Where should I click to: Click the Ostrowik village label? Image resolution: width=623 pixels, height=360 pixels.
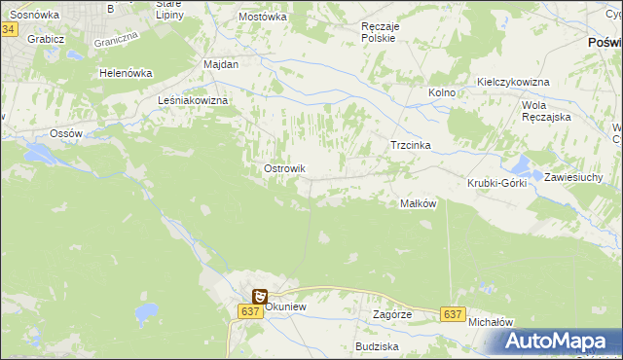(285, 168)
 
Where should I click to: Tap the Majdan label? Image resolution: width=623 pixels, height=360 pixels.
(221, 63)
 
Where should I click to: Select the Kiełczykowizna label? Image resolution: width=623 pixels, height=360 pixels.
(513, 82)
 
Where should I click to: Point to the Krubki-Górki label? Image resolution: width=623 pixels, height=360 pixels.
(496, 183)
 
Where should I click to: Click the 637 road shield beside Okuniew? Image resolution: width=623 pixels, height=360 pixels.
(248, 311)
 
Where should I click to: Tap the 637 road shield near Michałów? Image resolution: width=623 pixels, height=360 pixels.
(452, 314)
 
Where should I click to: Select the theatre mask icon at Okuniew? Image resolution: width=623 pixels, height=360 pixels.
(260, 296)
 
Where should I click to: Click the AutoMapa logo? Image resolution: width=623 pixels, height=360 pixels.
(557, 341)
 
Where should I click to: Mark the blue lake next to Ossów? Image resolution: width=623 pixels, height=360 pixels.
(44, 154)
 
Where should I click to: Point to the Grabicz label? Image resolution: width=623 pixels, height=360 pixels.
(46, 39)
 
